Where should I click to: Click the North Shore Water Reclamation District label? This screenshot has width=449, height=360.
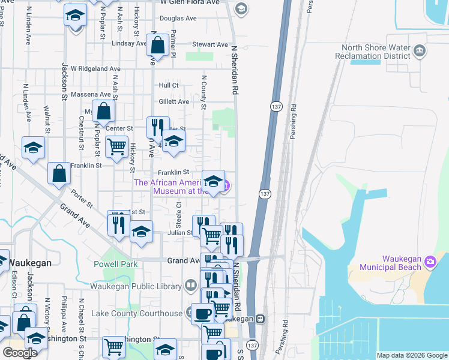[x=375, y=52]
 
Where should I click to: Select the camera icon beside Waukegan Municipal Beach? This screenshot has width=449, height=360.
[x=430, y=262]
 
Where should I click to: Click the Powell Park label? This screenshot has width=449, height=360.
[x=116, y=264]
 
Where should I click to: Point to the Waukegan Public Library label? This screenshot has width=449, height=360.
[x=137, y=286]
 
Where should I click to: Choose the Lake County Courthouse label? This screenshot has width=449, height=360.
[x=137, y=313]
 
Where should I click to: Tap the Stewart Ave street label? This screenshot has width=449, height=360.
[x=210, y=44]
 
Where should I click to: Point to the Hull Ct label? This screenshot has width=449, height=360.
[x=169, y=86]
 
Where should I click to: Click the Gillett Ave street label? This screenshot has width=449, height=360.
[x=174, y=102]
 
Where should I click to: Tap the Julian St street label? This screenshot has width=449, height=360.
[x=180, y=233]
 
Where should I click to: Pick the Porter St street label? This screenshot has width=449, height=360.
[x=81, y=199]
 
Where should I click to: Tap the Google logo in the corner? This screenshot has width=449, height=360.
[x=20, y=352]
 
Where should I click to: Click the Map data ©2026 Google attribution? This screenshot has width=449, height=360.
[x=412, y=355]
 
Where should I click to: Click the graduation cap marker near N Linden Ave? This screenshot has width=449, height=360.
[x=33, y=147]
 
